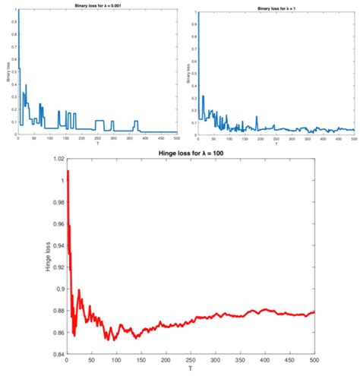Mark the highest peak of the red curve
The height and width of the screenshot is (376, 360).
coord(68,172)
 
